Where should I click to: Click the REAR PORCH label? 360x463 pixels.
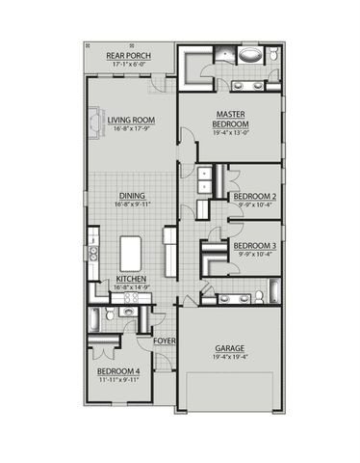click(127, 57)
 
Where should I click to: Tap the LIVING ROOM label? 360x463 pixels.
click(131, 120)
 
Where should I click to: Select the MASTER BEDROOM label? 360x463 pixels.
click(232, 120)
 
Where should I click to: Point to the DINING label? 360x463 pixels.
click(132, 194)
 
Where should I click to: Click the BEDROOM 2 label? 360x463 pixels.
click(255, 196)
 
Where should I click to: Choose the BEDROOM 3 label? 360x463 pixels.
click(255, 246)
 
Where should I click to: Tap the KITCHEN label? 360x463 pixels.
click(132, 278)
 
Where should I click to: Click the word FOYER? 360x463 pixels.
click(166, 340)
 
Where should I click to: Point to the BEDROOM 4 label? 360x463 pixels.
click(118, 371)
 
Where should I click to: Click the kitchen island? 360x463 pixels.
click(132, 253)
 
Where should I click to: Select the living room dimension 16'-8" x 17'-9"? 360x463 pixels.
click(132, 127)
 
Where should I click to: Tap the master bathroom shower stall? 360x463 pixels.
click(206, 57)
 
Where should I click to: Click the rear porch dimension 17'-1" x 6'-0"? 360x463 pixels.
click(127, 66)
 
